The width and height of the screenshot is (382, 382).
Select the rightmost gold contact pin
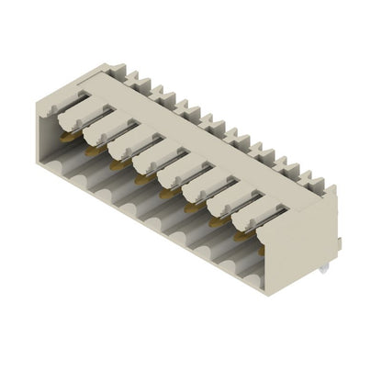241,236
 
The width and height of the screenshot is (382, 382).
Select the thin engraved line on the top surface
184,138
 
